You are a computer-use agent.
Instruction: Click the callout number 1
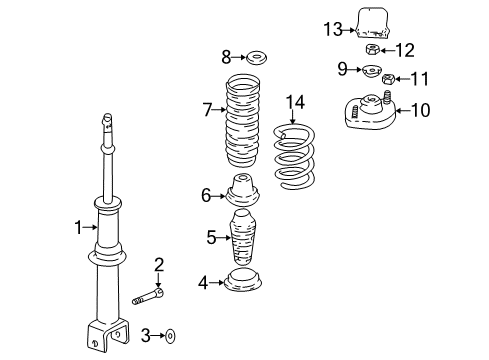pos(77,228)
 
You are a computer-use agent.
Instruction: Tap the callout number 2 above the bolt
pos(158,264)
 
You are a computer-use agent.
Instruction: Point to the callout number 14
pos(292,101)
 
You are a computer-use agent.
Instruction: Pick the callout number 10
pos(420,110)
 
